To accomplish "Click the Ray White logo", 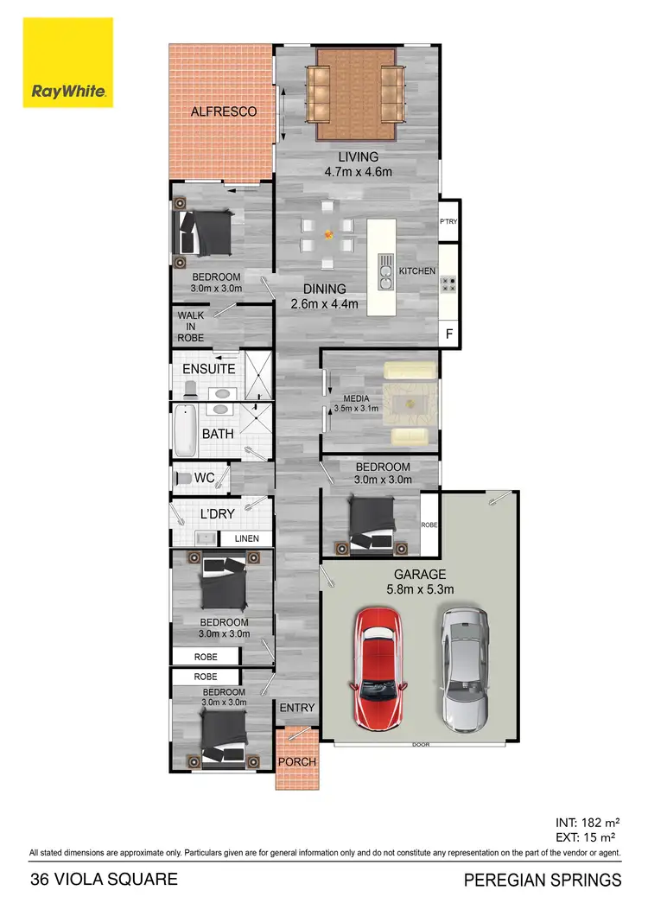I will [x=68, y=61].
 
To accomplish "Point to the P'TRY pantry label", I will [x=448, y=222].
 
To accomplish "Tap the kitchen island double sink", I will [x=384, y=277].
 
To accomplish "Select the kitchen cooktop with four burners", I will [x=448, y=285].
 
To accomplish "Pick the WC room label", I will [x=205, y=478].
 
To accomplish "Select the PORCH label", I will [x=296, y=762].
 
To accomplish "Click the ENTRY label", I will [x=297, y=708].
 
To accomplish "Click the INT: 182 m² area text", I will [x=586, y=822].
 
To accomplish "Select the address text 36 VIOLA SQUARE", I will [x=104, y=881].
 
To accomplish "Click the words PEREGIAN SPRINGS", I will [x=543, y=881].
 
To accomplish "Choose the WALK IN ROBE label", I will [x=191, y=326].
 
